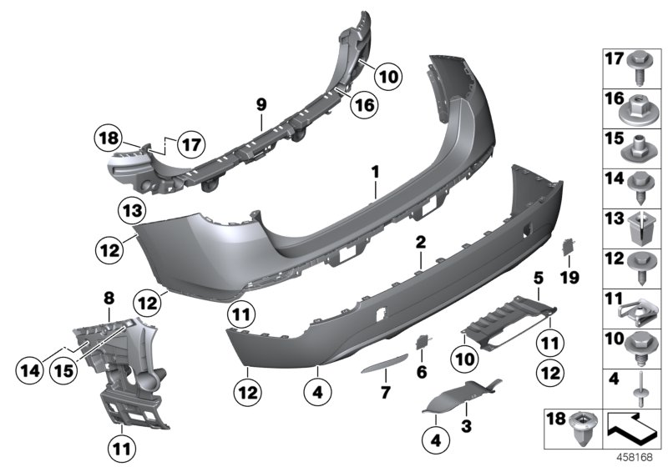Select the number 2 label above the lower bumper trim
421,243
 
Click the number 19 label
539,276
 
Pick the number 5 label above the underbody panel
421,370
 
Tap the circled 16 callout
363,104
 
